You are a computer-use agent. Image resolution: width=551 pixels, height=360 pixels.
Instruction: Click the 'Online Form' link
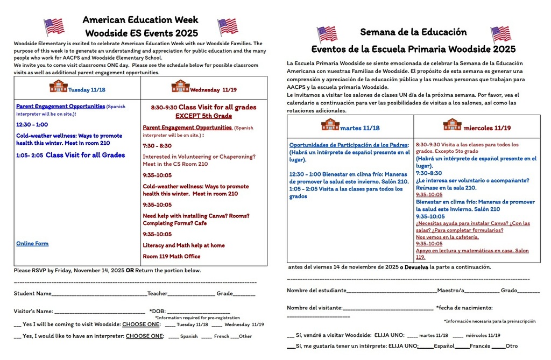pos(32,244)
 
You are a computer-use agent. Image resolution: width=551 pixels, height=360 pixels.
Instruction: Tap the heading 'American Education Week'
pos(140,20)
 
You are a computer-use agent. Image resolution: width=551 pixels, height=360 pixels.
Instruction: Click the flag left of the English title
pos(54,26)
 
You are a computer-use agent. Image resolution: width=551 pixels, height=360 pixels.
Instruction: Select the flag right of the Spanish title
pos(500,34)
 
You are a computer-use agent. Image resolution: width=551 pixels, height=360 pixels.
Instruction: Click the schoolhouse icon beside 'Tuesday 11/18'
pos(58,87)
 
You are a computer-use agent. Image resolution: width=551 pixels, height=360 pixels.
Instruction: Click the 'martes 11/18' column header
pos(359,128)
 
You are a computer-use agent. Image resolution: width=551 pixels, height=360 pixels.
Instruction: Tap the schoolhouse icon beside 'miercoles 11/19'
pos(452,125)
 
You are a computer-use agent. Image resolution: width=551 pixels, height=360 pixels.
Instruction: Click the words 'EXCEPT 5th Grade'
pos(203,116)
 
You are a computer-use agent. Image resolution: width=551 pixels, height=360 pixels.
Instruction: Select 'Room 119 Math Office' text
pos(172,257)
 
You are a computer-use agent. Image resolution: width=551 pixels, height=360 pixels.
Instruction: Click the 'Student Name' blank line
pos(99,294)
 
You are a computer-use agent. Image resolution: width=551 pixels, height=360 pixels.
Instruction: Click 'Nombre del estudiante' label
pos(316,291)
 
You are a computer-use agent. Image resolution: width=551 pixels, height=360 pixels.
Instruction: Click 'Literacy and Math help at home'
pos(183,245)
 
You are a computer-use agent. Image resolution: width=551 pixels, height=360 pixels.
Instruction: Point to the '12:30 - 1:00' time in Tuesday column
pos(32,124)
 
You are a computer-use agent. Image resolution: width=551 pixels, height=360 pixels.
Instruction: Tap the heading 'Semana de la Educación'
pos(413,32)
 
